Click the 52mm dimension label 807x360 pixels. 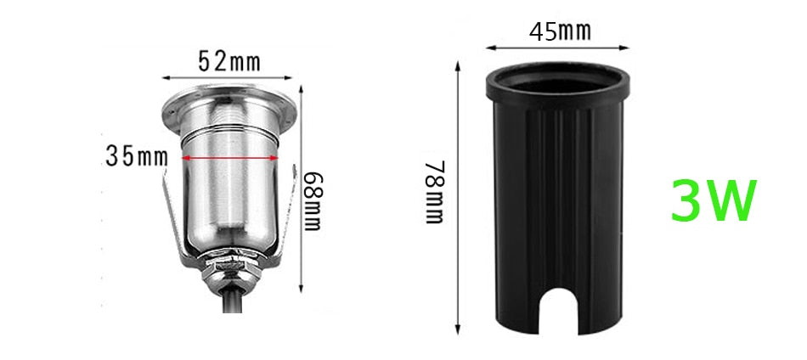(x=229, y=60)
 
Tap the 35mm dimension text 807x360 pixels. (x=136, y=156)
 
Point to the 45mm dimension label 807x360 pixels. (x=560, y=32)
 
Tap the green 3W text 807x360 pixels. (x=712, y=200)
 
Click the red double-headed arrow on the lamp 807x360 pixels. (x=229, y=158)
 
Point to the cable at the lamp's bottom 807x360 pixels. (x=232, y=301)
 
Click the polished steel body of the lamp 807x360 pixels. (x=229, y=195)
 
